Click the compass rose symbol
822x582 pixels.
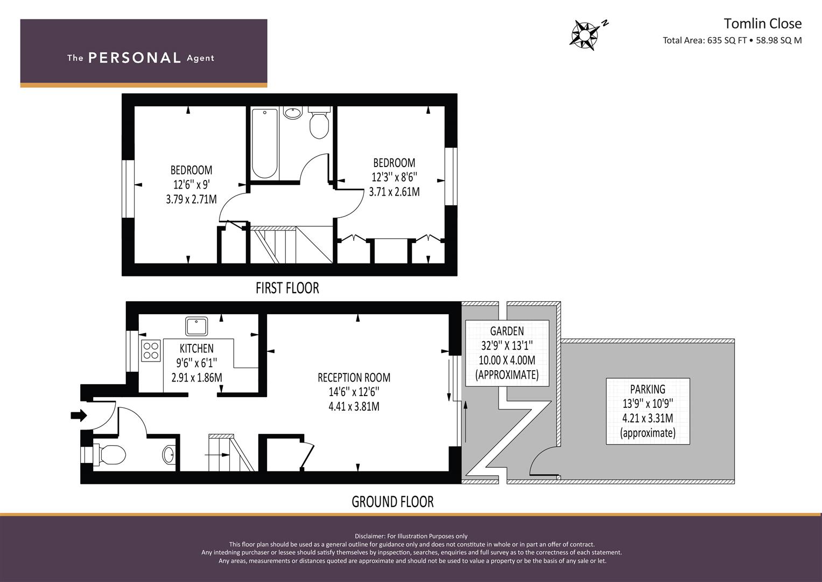click(584, 35)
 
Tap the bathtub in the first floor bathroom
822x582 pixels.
click(264, 143)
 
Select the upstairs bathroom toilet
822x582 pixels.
click(319, 122)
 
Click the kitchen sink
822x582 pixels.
click(196, 326)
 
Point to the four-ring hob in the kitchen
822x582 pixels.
click(151, 350)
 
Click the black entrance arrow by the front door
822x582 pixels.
click(79, 415)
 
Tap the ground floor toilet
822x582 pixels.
click(109, 454)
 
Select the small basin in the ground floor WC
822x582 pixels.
click(169, 455)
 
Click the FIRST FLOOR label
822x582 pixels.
click(287, 288)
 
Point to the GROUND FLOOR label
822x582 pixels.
click(392, 502)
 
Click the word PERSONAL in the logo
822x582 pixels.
click(135, 58)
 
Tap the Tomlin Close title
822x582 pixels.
click(763, 24)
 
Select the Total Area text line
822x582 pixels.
click(732, 40)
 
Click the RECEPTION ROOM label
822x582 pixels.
click(354, 377)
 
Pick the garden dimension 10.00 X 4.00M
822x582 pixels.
click(507, 360)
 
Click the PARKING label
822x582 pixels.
click(648, 389)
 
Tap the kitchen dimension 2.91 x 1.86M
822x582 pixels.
click(196, 377)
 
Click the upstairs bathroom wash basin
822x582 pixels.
click(293, 113)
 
